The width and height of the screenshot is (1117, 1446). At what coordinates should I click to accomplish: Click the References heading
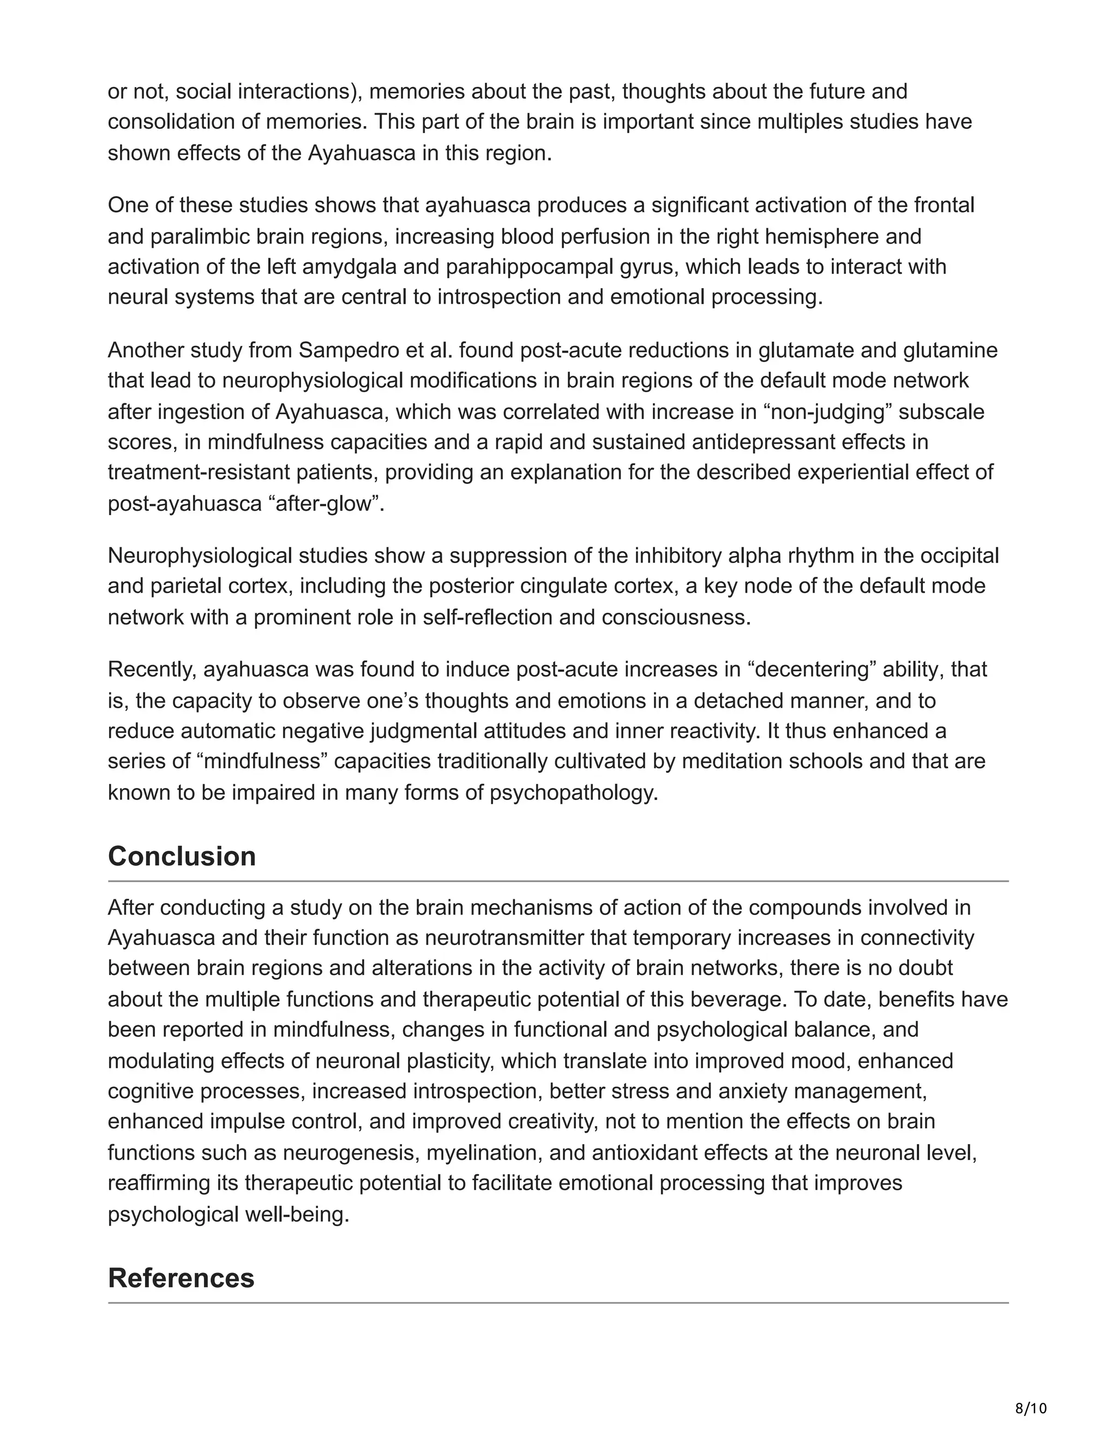tap(181, 1278)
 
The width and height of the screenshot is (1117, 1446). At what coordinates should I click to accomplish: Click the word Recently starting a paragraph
tap(152, 670)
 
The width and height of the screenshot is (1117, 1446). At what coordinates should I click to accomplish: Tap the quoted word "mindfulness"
tap(262, 761)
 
